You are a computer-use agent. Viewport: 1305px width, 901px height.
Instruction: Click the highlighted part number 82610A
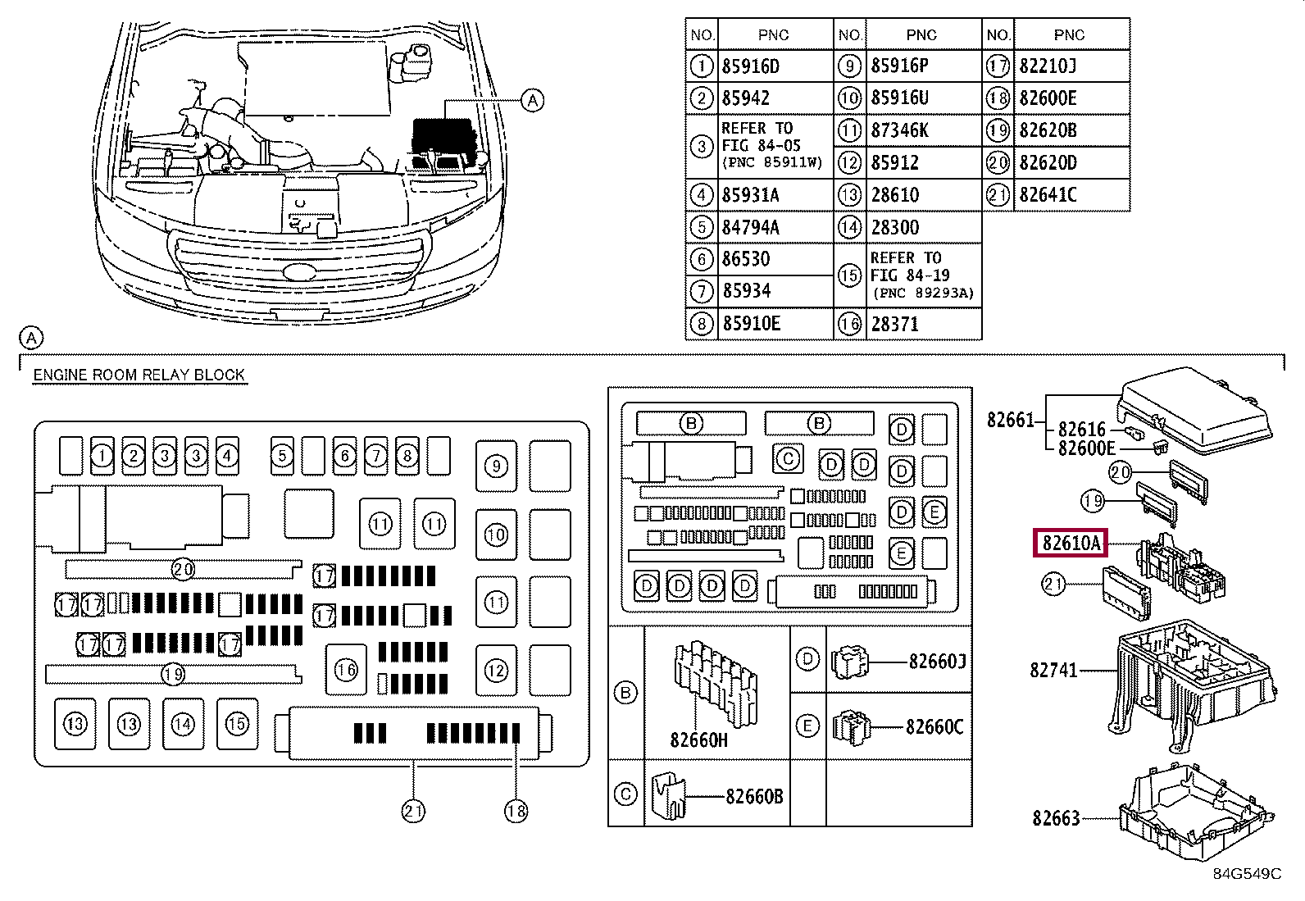click(x=1071, y=544)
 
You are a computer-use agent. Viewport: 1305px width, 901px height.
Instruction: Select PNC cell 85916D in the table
click(x=750, y=66)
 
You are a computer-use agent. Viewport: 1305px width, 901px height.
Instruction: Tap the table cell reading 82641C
click(x=1048, y=194)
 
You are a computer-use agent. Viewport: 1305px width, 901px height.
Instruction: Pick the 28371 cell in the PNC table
click(x=894, y=324)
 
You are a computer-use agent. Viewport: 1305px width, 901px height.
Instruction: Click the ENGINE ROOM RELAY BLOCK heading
click(x=139, y=375)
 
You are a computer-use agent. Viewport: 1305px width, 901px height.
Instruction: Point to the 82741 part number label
click(x=1053, y=670)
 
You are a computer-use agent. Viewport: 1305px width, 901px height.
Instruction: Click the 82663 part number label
click(x=1056, y=819)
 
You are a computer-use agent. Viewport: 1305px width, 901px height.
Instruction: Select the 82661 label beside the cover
click(x=1011, y=421)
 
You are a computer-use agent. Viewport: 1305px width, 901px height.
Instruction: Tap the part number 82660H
click(x=698, y=740)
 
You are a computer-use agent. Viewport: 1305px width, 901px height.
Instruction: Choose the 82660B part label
click(x=754, y=796)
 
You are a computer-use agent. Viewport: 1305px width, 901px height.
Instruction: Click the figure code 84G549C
click(x=1247, y=874)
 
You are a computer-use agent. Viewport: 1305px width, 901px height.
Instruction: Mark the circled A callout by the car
click(x=533, y=101)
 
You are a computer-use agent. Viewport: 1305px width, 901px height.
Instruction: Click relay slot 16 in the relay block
click(x=346, y=670)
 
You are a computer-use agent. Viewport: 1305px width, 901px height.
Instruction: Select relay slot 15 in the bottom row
click(x=237, y=724)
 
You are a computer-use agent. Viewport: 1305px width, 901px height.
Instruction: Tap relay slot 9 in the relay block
click(x=497, y=466)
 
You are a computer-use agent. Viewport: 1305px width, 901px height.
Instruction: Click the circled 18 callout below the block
click(x=516, y=812)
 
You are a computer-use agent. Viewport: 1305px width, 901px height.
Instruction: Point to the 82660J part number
click(x=938, y=662)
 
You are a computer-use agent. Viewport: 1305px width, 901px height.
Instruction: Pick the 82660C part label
click(x=934, y=727)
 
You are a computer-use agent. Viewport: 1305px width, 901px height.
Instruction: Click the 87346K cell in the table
click(x=899, y=130)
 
